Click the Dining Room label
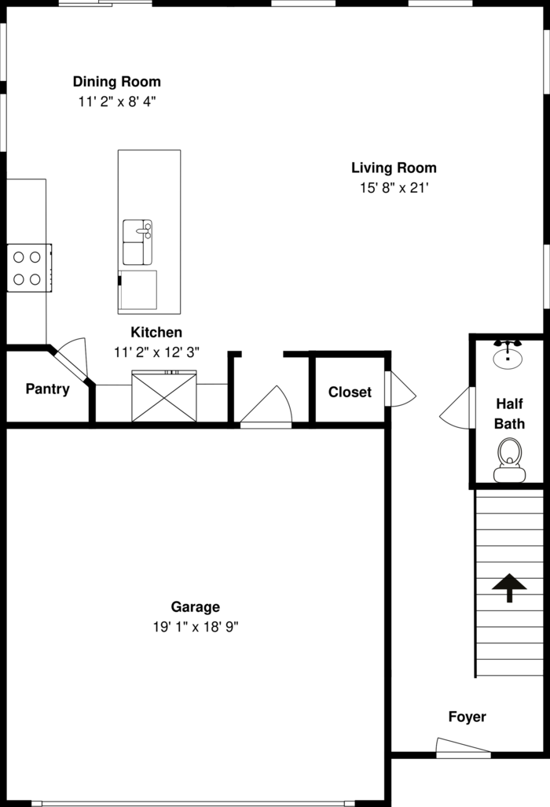pos(117,82)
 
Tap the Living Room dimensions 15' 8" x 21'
pos(394,188)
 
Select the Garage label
pos(196,607)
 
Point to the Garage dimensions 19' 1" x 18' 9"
pos(196,627)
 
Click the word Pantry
pos(47,389)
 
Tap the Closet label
pos(350,392)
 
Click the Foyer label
pos(467,717)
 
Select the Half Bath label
pos(509,413)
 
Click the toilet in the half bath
pos(509,460)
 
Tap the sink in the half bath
pos(508,354)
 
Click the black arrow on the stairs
pos(509,588)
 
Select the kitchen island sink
pos(137,242)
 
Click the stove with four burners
pos(29,267)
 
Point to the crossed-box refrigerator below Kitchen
pos(164,396)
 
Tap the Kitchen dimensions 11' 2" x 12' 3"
pos(156,352)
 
